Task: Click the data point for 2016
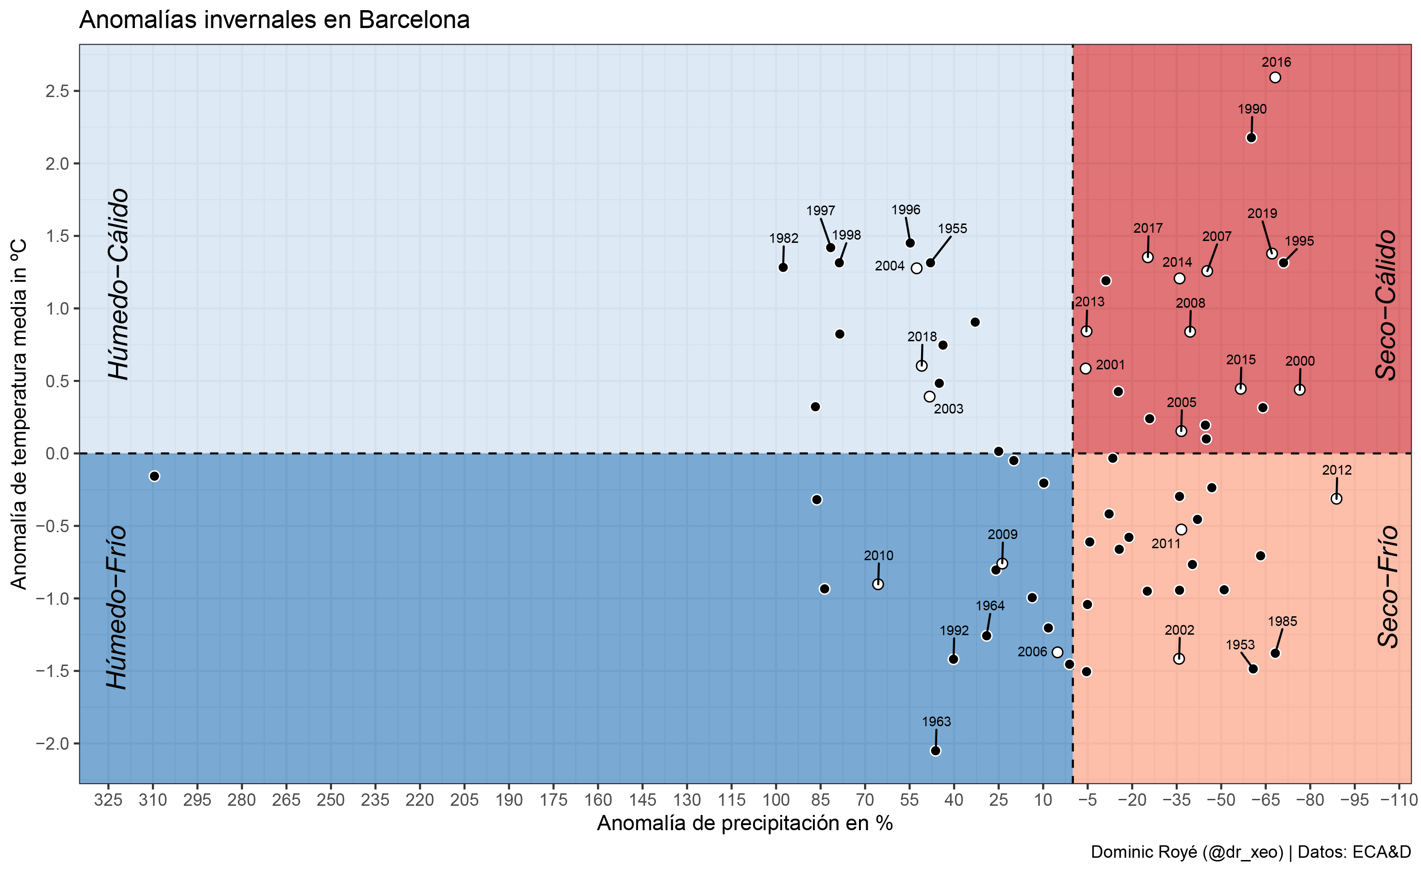click(1275, 78)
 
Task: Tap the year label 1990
click(1252, 109)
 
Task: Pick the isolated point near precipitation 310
click(154, 476)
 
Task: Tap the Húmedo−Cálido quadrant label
click(119, 284)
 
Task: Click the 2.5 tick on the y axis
click(57, 92)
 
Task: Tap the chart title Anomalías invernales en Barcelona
click(274, 20)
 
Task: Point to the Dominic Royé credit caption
click(1250, 852)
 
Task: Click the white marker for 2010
click(878, 584)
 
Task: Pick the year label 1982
click(783, 238)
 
